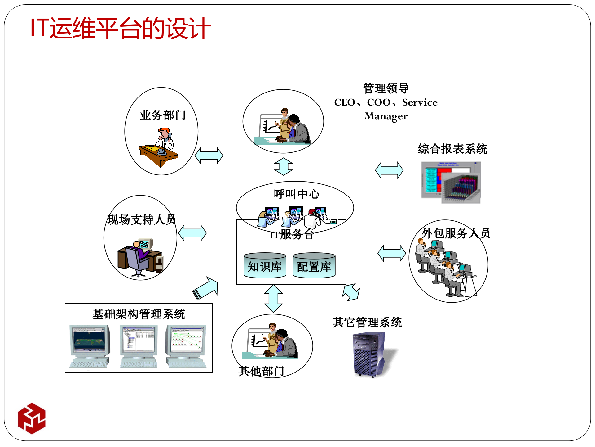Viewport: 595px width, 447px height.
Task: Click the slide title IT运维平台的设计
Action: (121, 29)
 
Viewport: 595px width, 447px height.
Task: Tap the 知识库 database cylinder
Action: (265, 266)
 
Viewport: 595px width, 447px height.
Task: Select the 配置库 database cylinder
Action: (314, 266)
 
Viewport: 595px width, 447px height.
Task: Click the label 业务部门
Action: (162, 115)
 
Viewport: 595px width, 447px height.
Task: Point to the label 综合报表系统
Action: (452, 149)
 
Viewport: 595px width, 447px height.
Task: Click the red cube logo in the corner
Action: (32, 418)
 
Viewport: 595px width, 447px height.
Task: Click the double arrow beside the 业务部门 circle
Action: (209, 156)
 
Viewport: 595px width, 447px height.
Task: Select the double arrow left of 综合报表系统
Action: (389, 170)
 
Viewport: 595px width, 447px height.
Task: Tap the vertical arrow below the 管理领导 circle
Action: (283, 167)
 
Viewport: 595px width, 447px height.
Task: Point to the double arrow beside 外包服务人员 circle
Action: (392, 253)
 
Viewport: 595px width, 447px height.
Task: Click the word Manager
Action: (386, 116)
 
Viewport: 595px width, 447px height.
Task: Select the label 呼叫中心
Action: (296, 194)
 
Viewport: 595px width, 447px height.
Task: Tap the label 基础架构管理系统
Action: (139, 314)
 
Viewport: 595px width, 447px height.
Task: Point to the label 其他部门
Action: (261, 371)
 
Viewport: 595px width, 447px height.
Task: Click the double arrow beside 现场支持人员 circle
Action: (192, 233)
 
